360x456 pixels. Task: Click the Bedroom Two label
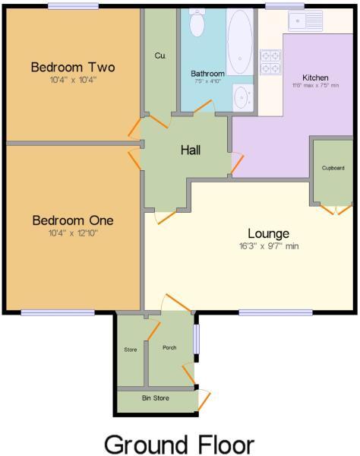click(74, 68)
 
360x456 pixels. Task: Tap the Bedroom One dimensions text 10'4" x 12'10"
click(74, 233)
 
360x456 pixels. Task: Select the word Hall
click(191, 150)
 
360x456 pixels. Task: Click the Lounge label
click(267, 233)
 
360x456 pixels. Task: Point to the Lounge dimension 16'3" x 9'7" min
click(267, 246)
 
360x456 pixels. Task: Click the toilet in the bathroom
click(197, 25)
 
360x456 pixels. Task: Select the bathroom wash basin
click(242, 97)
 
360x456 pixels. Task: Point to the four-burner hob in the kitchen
click(270, 62)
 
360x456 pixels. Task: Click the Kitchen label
click(315, 78)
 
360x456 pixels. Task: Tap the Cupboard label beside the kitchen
click(333, 167)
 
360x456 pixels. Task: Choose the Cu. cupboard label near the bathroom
click(159, 55)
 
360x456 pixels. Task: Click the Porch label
click(169, 347)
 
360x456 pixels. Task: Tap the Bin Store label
click(155, 398)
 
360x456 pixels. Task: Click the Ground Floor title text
click(178, 443)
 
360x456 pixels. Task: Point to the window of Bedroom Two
click(73, 6)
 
